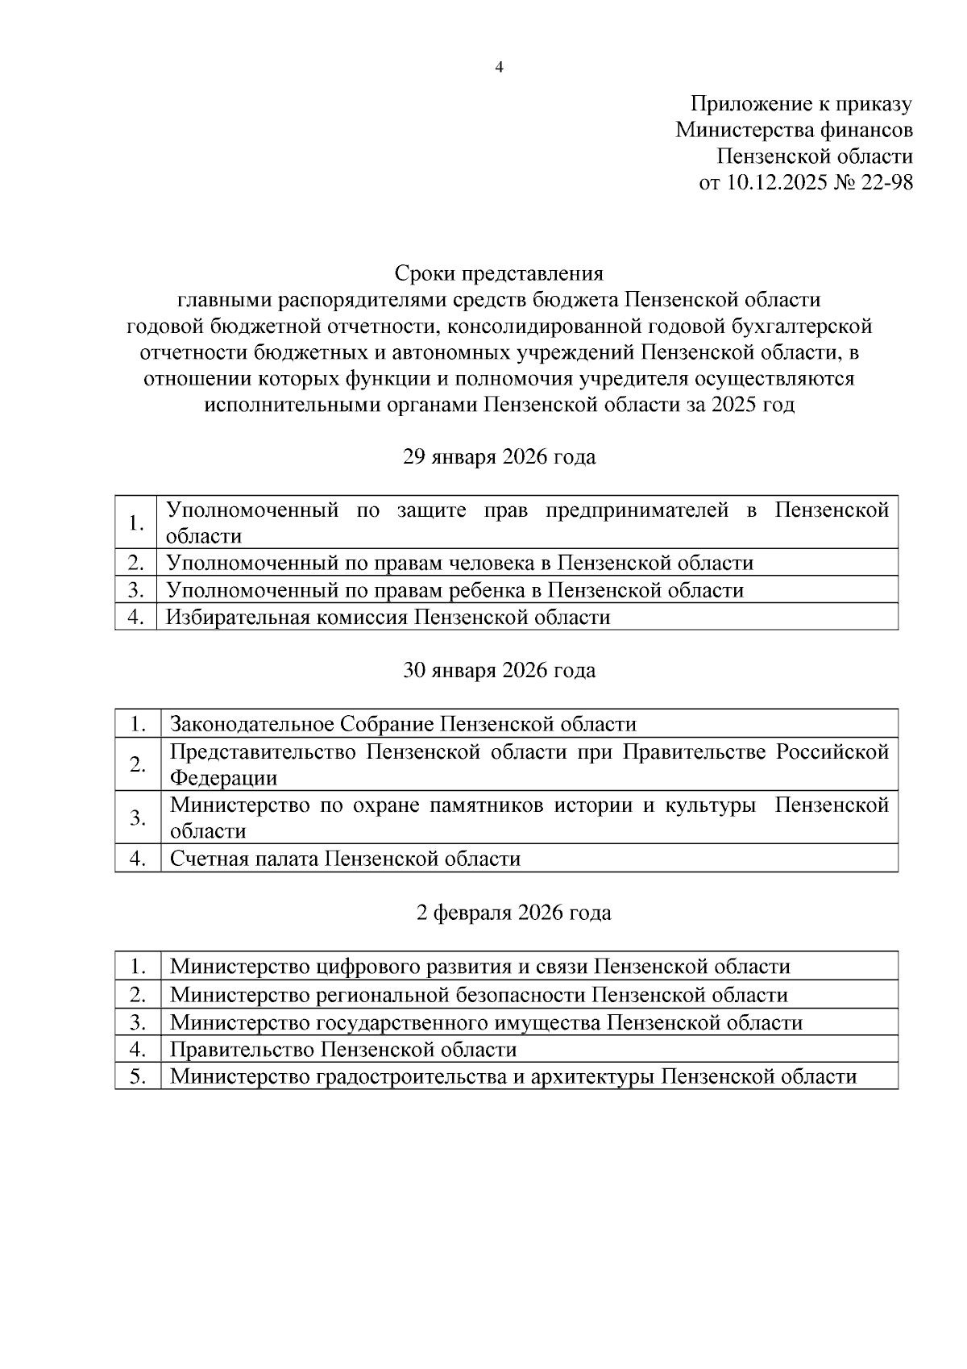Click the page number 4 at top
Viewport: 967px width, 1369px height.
click(499, 68)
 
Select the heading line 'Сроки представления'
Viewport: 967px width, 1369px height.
click(499, 273)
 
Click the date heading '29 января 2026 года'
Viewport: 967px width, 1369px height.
click(499, 457)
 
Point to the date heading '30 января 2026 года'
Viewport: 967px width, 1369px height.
click(499, 671)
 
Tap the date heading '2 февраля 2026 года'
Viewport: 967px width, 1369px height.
click(513, 913)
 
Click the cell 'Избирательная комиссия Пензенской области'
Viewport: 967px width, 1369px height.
click(388, 618)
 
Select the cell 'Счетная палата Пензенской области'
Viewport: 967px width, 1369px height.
click(345, 859)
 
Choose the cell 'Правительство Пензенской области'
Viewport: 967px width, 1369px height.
click(342, 1050)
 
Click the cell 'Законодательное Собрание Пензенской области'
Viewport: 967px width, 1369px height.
click(403, 724)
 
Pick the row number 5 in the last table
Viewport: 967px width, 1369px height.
click(138, 1076)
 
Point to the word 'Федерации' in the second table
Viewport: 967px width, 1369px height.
click(223, 778)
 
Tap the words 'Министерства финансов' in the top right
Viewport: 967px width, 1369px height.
click(794, 130)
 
